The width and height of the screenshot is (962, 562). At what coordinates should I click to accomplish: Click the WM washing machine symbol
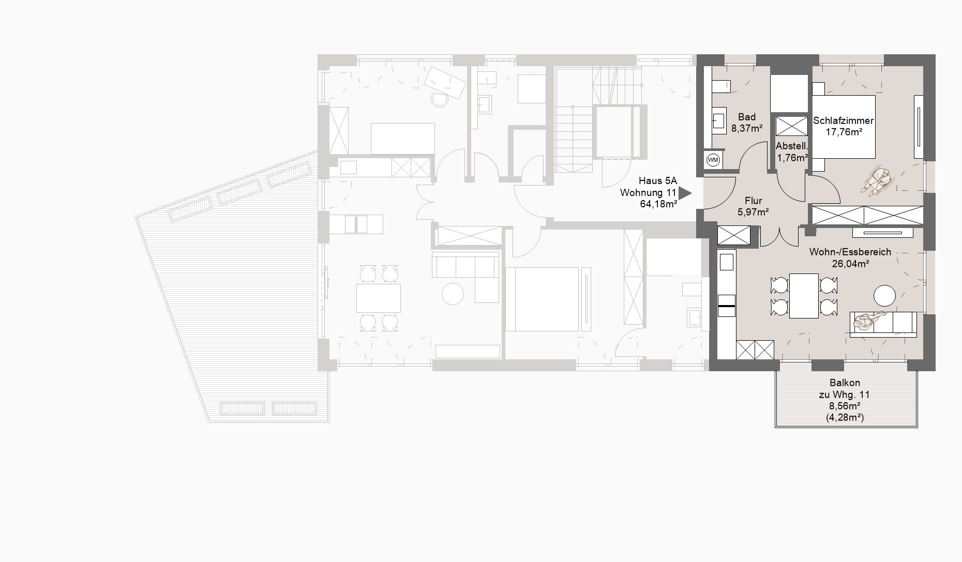click(x=713, y=160)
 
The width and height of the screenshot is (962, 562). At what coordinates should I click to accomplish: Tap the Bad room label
click(x=747, y=117)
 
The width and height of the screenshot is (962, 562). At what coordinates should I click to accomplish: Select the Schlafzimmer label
click(x=844, y=120)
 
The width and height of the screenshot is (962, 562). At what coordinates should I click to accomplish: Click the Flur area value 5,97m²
click(x=753, y=211)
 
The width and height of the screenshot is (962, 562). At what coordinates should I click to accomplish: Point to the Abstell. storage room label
click(x=791, y=146)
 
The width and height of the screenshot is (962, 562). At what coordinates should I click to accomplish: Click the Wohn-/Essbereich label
click(x=850, y=252)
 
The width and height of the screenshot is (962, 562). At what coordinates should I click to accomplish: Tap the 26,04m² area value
click(x=850, y=264)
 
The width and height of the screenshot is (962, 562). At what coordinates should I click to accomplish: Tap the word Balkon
click(x=845, y=383)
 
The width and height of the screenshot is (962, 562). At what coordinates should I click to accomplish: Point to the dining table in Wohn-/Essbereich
click(x=804, y=296)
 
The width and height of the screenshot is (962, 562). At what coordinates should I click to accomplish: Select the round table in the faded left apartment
click(x=453, y=294)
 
